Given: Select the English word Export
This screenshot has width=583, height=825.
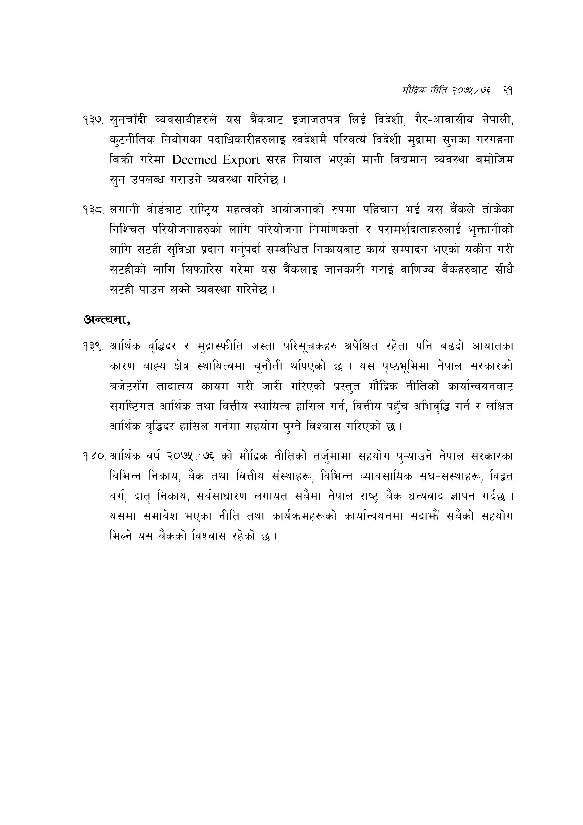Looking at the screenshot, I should [x=241, y=160].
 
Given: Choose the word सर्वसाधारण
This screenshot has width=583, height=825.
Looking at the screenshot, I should [x=222, y=497].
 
